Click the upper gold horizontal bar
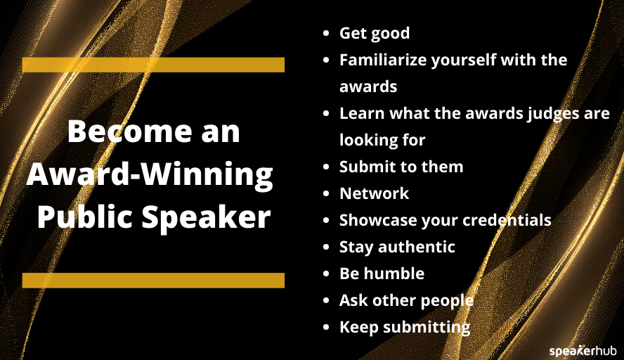pos(153,65)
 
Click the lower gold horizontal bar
pos(153,281)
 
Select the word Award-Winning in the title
pos(150,174)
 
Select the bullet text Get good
pos(374,33)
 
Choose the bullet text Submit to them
pos(401,167)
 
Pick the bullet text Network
pos(374,193)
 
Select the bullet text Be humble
pos(382,274)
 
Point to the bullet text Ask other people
pos(406,300)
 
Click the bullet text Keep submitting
pos(405,327)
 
